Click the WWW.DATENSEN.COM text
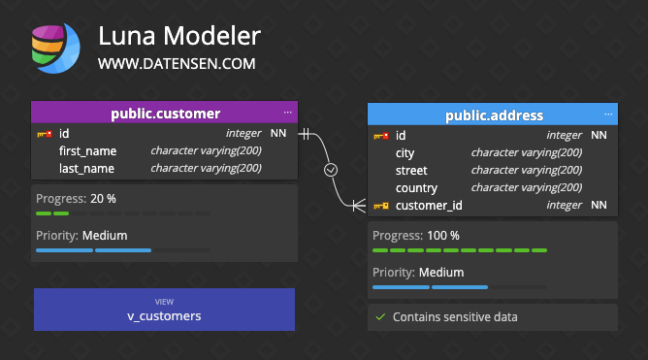pyautogui.click(x=177, y=64)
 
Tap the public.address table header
pyautogui.click(x=494, y=115)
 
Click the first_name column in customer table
pyautogui.click(x=87, y=150)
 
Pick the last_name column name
pyautogui.click(x=86, y=168)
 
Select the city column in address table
pyautogui.click(x=405, y=152)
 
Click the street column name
pyautogui.click(x=411, y=170)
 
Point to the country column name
pyautogui.click(x=416, y=187)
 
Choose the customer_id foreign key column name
pyautogui.click(x=429, y=205)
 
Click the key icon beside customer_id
pyautogui.click(x=381, y=205)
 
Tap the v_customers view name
pyautogui.click(x=164, y=315)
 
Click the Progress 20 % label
pyautogui.click(x=76, y=198)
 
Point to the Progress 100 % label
pyautogui.click(x=416, y=235)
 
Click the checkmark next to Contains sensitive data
pyautogui.click(x=380, y=316)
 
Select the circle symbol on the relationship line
pyautogui.click(x=331, y=169)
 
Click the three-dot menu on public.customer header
pyautogui.click(x=287, y=113)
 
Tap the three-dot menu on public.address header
pyautogui.click(x=608, y=115)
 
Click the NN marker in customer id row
pyautogui.click(x=278, y=133)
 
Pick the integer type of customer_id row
pyautogui.click(x=564, y=205)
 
